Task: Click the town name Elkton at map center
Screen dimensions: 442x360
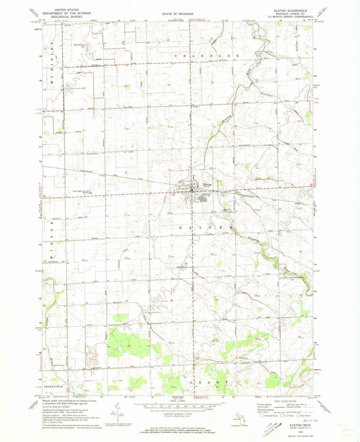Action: (207, 184)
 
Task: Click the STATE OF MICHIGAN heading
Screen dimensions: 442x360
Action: (178, 14)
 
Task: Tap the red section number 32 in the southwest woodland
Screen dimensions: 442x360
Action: (128, 346)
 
